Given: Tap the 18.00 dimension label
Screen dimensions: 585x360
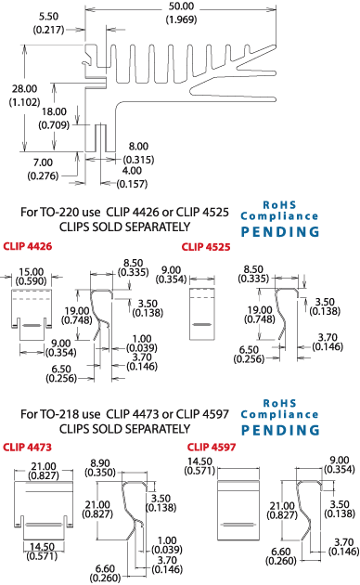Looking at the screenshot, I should [54, 111].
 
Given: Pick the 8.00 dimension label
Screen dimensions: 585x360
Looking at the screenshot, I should [137, 147].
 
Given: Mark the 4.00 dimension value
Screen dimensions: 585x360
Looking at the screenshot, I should [133, 171].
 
